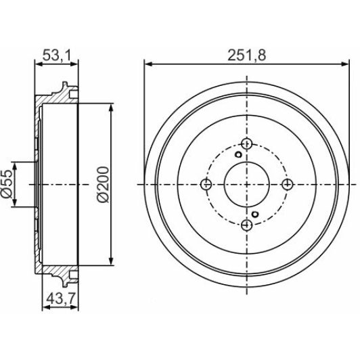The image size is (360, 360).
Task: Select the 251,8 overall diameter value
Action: (x=246, y=55)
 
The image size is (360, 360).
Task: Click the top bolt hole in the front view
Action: (x=246, y=143)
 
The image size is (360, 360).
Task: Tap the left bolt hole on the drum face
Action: (x=206, y=184)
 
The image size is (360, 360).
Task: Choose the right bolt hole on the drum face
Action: (x=288, y=184)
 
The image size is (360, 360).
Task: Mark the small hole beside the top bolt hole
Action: (x=238, y=154)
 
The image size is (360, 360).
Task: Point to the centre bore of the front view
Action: (x=246, y=184)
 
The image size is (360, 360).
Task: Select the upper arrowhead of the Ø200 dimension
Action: (x=111, y=106)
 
